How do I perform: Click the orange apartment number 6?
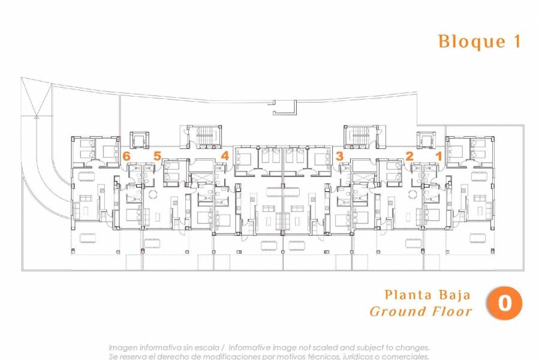[x=126, y=156]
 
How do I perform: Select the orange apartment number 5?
[x=157, y=156]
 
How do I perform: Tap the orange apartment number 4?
[x=225, y=156]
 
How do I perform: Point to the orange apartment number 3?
[x=340, y=156]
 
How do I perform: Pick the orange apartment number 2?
[x=409, y=156]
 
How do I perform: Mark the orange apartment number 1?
[x=438, y=156]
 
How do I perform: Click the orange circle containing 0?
[x=504, y=304]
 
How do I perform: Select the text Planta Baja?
[x=427, y=295]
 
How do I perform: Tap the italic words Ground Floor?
[x=420, y=311]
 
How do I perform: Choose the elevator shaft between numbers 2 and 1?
[x=427, y=141]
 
